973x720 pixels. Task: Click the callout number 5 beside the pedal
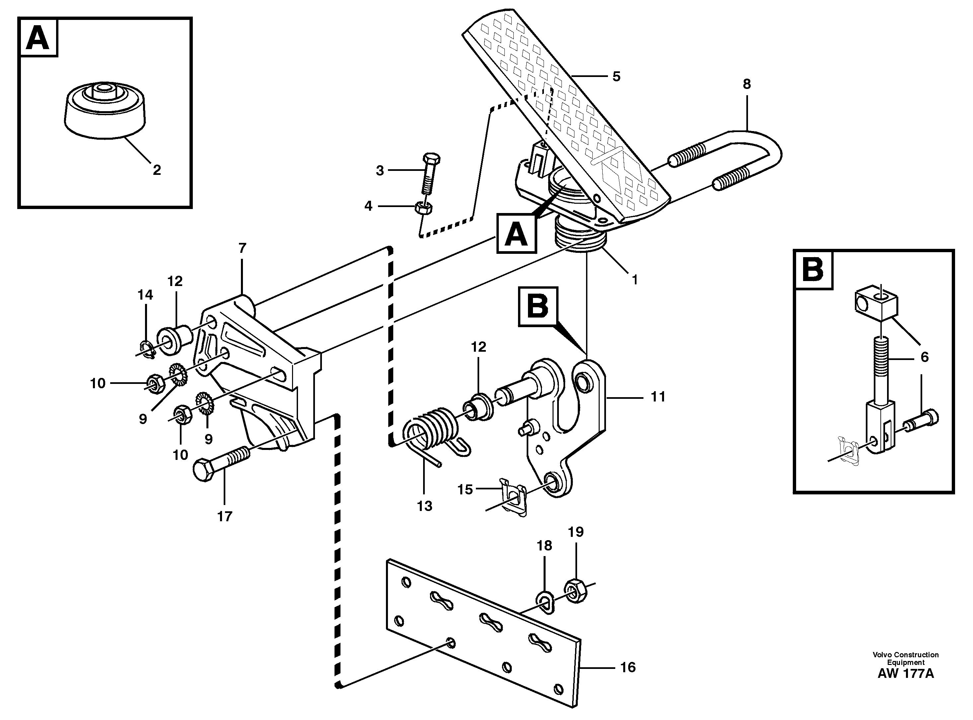[616, 77]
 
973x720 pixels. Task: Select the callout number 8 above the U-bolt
[747, 84]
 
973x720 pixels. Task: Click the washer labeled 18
[545, 602]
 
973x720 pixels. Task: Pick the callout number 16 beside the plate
[628, 667]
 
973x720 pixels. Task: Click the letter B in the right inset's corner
[813, 270]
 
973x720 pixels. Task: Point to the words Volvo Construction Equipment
[905, 658]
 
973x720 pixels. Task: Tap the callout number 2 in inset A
[157, 170]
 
